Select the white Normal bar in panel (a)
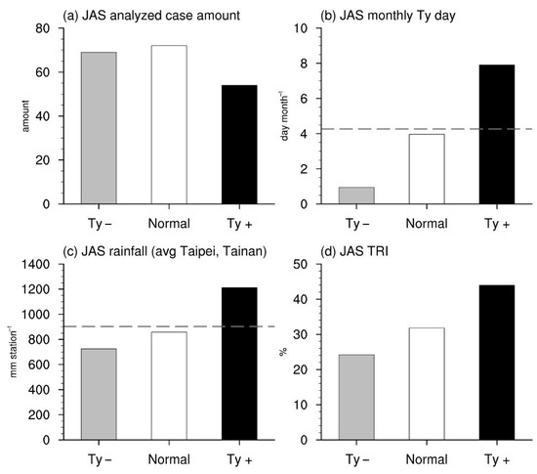coord(168,124)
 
